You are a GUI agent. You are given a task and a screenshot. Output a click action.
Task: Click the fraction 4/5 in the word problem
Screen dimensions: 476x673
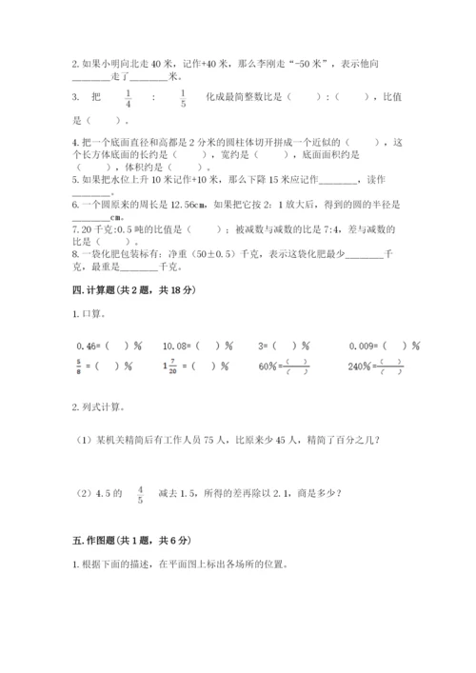click(140, 495)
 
